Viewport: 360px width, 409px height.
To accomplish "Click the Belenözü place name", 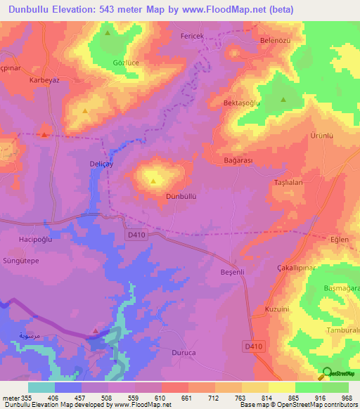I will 276,40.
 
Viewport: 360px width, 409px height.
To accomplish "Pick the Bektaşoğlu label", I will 262,103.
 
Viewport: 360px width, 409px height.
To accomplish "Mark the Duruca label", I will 184,353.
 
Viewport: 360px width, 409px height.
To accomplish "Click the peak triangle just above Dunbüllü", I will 153,181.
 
